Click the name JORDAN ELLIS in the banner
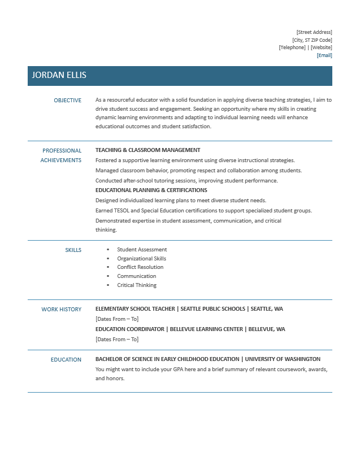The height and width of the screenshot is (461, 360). point(59,75)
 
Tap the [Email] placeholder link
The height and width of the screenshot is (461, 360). point(324,55)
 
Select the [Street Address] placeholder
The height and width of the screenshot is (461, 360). point(314,32)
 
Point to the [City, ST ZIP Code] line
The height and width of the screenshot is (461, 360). point(312,40)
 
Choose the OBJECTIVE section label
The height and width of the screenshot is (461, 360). point(68,100)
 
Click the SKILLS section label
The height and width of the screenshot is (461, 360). point(73,250)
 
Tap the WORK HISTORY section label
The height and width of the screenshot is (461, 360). point(62,309)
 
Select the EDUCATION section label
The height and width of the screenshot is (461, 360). point(66,359)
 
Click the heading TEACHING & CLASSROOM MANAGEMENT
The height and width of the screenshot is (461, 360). point(148,150)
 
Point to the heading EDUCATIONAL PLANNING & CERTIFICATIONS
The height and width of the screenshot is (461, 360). point(151,190)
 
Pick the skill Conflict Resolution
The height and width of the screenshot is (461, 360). point(140,267)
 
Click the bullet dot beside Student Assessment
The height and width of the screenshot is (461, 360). point(108,250)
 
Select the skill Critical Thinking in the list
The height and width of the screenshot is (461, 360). point(137,285)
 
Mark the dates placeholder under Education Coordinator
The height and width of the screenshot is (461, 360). point(117,339)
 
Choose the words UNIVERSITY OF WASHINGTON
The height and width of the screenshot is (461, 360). point(283,359)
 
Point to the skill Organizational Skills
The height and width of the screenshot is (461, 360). point(142,259)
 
